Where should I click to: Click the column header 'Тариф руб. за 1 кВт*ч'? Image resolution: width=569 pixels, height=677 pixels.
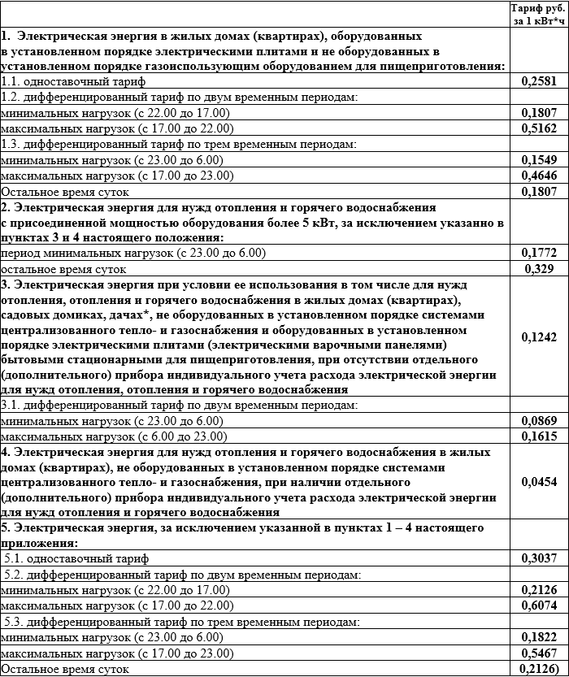click(x=539, y=15)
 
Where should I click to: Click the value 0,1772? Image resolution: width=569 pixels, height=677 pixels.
click(x=539, y=253)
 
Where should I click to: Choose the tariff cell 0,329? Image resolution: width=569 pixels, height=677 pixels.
click(x=539, y=268)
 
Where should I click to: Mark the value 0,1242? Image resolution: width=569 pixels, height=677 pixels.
click(x=539, y=336)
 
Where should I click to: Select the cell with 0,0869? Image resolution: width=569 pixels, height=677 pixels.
click(x=539, y=420)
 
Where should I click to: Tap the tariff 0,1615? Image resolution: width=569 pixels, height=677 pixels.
click(x=539, y=436)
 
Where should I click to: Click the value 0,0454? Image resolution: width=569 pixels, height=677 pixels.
click(x=539, y=482)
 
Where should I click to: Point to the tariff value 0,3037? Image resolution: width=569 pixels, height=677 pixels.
click(x=539, y=558)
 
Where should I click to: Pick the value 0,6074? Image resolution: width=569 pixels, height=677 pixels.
click(x=539, y=605)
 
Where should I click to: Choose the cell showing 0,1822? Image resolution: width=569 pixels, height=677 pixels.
click(x=539, y=637)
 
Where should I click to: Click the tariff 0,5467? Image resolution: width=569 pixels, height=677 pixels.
click(x=539, y=653)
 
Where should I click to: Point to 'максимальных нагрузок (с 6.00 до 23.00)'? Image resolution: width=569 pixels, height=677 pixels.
click(x=112, y=436)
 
